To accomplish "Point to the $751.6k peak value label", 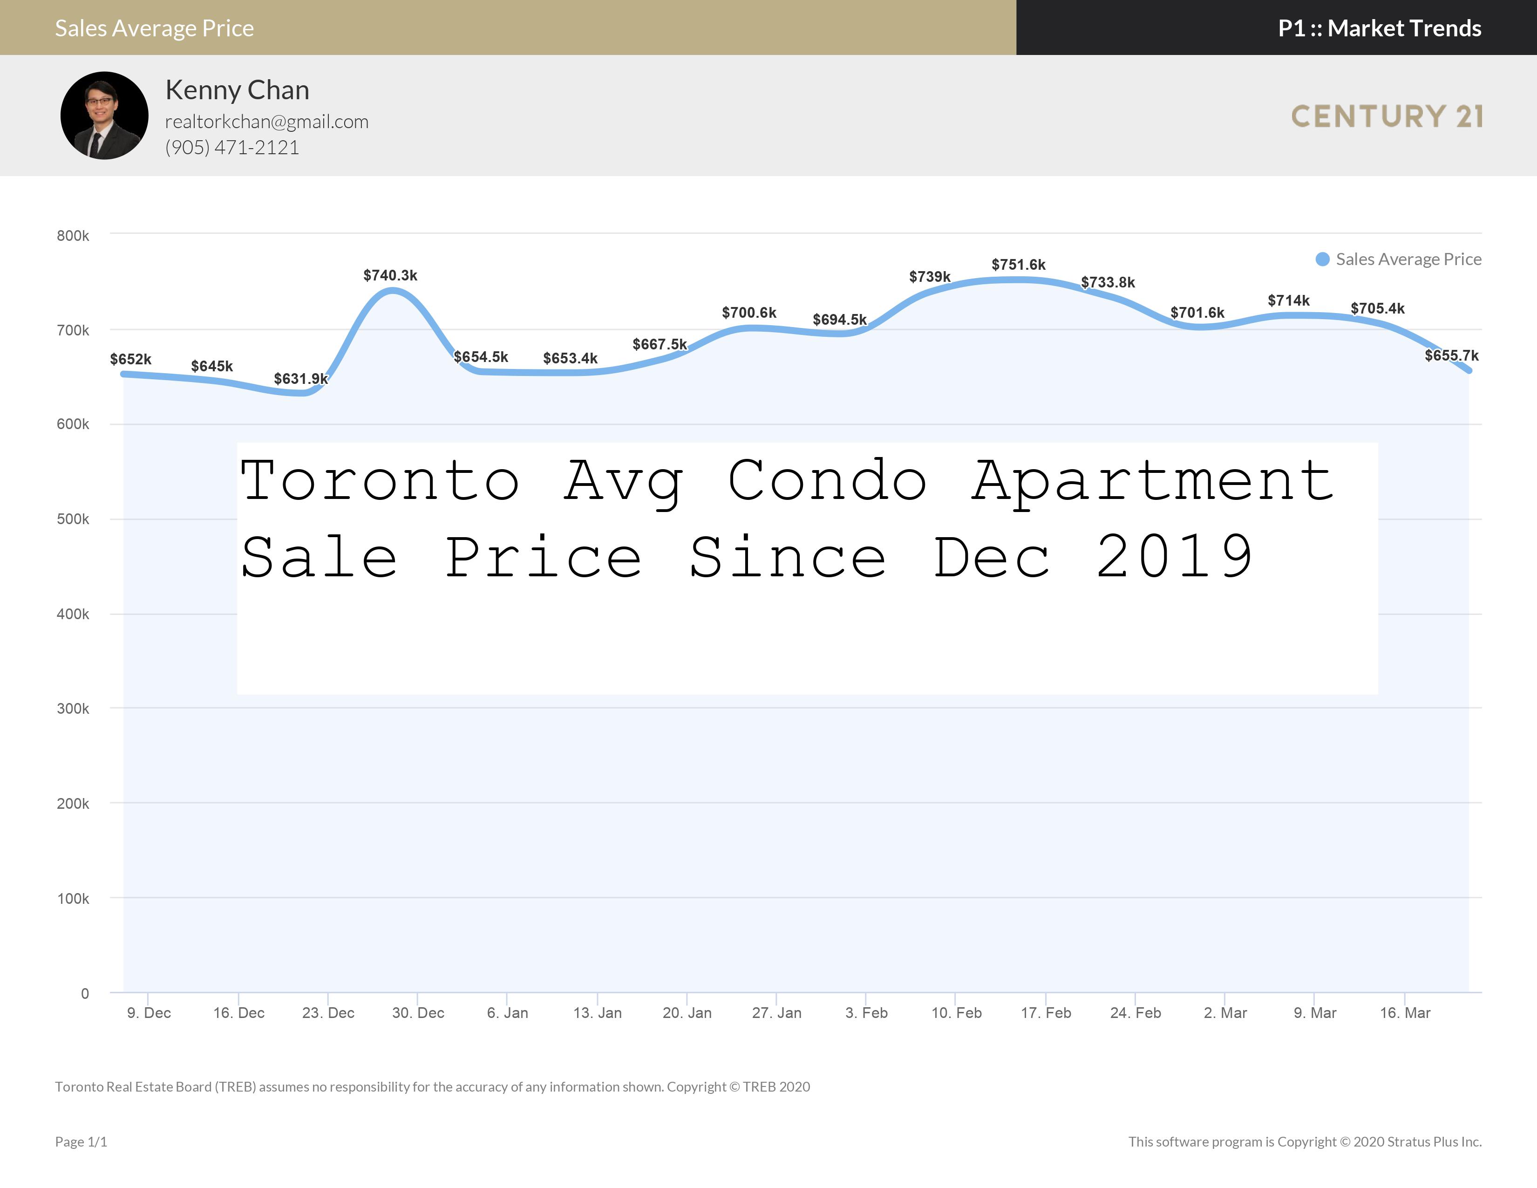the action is point(1018,265).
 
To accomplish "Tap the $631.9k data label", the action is point(300,379).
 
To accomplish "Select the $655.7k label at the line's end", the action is point(1451,355).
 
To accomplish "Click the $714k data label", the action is point(1289,300).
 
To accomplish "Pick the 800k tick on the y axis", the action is point(73,236).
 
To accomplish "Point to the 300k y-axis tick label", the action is point(73,709).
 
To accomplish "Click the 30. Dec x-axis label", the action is point(418,1013).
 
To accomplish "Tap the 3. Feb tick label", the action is point(866,1013).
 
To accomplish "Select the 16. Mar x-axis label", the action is point(1405,1013).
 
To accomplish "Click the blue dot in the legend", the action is point(1322,259).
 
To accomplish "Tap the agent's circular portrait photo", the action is point(104,116).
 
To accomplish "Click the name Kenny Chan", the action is point(237,90).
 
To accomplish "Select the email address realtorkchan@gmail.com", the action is point(267,122).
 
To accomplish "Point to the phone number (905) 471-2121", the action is point(232,147).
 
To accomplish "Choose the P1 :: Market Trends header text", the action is point(1380,28).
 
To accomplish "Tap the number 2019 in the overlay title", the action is point(1175,556).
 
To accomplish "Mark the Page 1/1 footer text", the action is point(81,1141).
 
